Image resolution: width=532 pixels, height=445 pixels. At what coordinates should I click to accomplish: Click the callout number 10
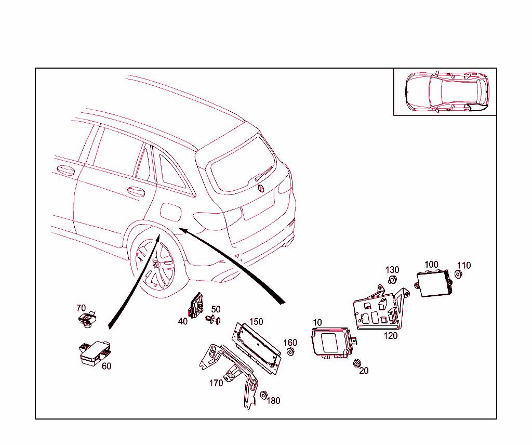(x=317, y=323)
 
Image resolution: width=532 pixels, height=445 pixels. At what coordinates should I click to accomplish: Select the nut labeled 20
(x=357, y=363)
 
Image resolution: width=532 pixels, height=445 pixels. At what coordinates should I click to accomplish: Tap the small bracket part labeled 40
(x=197, y=304)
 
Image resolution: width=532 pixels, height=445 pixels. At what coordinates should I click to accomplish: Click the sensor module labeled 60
(x=94, y=352)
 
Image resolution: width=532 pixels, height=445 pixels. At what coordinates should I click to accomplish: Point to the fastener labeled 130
(x=393, y=281)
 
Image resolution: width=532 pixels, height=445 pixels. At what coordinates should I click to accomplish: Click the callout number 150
(x=256, y=322)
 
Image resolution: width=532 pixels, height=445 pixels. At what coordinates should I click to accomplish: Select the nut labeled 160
(x=291, y=352)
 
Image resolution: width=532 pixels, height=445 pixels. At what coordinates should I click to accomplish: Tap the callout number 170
(x=216, y=383)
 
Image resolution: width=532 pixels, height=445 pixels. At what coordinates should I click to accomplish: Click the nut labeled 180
(x=263, y=396)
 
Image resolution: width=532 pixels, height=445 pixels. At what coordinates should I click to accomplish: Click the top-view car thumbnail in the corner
(x=445, y=91)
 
